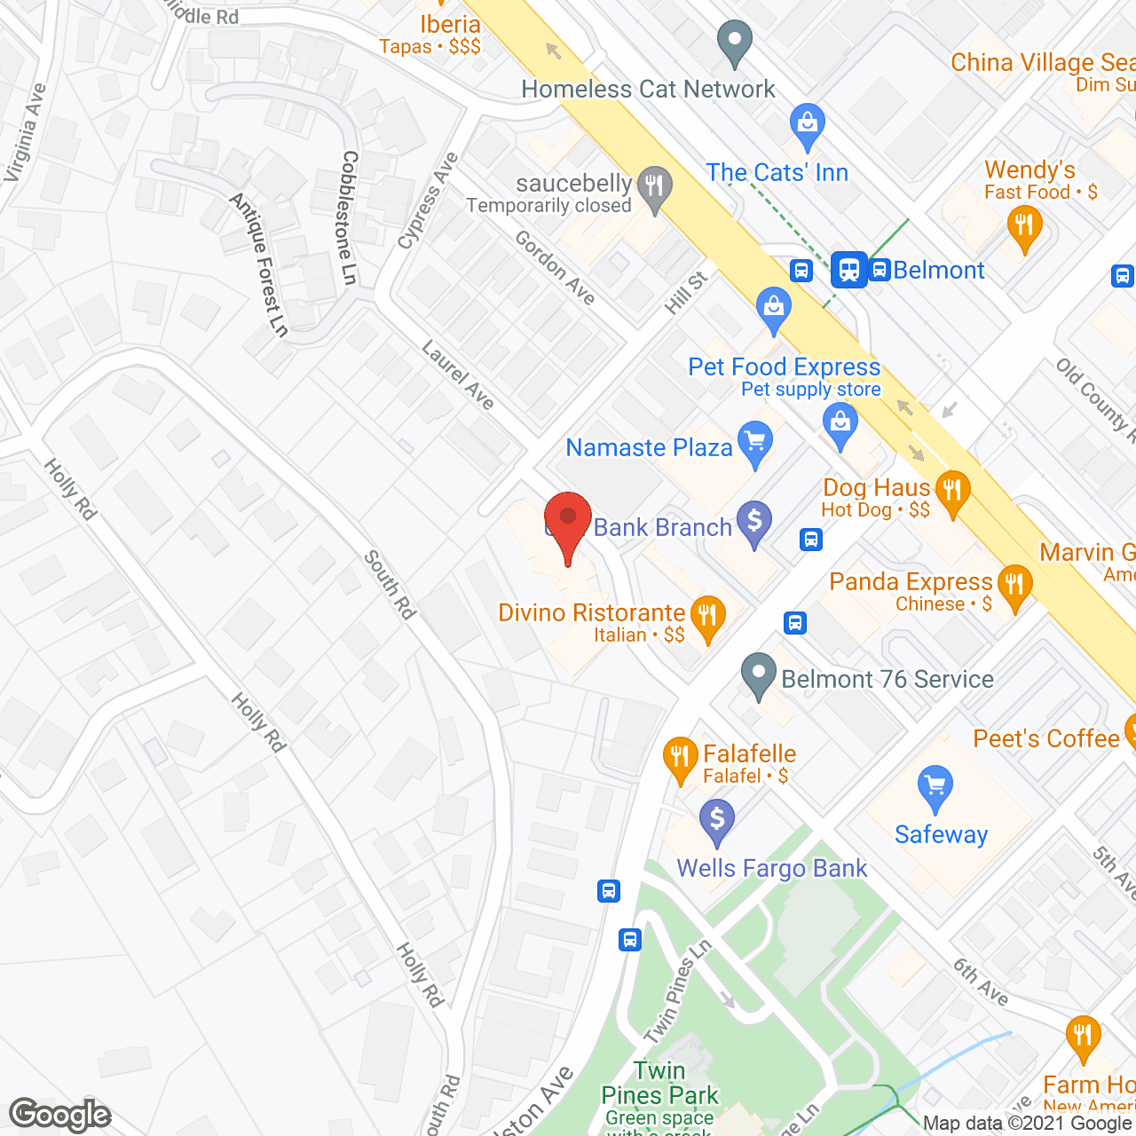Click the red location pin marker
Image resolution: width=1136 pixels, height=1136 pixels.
tap(568, 523)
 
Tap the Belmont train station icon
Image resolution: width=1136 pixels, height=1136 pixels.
tap(849, 269)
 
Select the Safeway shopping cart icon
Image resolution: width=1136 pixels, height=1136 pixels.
tap(935, 787)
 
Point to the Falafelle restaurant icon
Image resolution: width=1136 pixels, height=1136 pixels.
tap(680, 759)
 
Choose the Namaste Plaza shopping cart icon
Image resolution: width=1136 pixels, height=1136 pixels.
tap(755, 443)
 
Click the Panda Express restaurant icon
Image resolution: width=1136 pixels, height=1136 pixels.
tap(1014, 587)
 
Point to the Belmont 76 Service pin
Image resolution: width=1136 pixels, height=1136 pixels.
tap(758, 676)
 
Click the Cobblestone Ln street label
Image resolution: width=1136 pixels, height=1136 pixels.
tap(349, 217)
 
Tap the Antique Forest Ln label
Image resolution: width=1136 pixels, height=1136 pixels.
tap(259, 264)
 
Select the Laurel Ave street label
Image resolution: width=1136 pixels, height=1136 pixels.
tap(458, 375)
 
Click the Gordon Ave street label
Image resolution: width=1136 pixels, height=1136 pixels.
tap(556, 267)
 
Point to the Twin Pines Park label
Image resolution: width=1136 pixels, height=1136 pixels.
tap(659, 1083)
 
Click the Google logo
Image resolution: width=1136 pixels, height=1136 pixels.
tap(60, 1115)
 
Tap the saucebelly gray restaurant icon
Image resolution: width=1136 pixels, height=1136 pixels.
tap(654, 188)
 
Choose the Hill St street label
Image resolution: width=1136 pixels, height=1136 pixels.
tap(686, 292)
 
